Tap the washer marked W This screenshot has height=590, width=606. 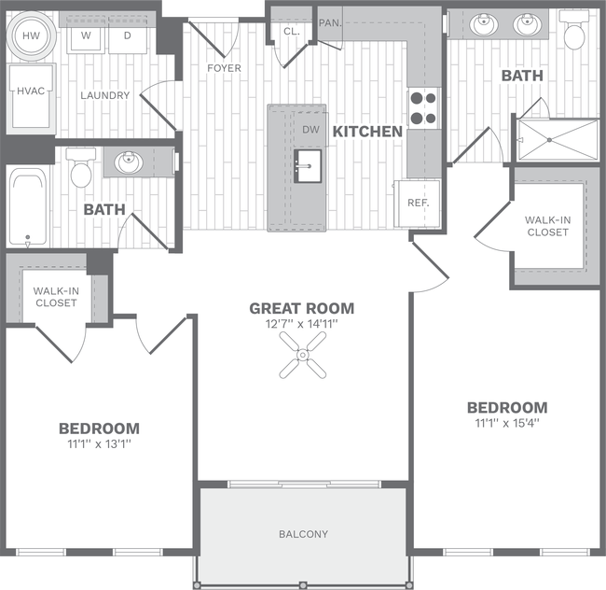pyautogui.click(x=86, y=36)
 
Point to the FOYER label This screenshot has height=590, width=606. pyautogui.click(x=224, y=68)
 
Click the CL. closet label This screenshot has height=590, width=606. pyautogui.click(x=291, y=31)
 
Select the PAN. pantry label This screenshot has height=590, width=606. pyautogui.click(x=329, y=22)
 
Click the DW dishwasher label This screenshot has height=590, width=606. pyautogui.click(x=310, y=131)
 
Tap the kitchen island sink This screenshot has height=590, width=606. pyautogui.click(x=308, y=166)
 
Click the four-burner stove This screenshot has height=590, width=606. pyautogui.click(x=422, y=107)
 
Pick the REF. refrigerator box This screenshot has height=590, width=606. pyautogui.click(x=417, y=202)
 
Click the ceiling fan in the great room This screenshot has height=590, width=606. pyautogui.click(x=303, y=355)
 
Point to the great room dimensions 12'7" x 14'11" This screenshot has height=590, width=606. pyautogui.click(x=301, y=325)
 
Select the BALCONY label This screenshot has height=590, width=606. pyautogui.click(x=303, y=534)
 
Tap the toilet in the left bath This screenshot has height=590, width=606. pyautogui.click(x=80, y=167)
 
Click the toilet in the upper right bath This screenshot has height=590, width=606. pyautogui.click(x=573, y=33)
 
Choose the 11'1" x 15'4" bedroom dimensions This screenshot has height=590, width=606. pyautogui.click(x=506, y=423)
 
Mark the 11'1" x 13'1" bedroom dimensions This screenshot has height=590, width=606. pyautogui.click(x=99, y=443)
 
